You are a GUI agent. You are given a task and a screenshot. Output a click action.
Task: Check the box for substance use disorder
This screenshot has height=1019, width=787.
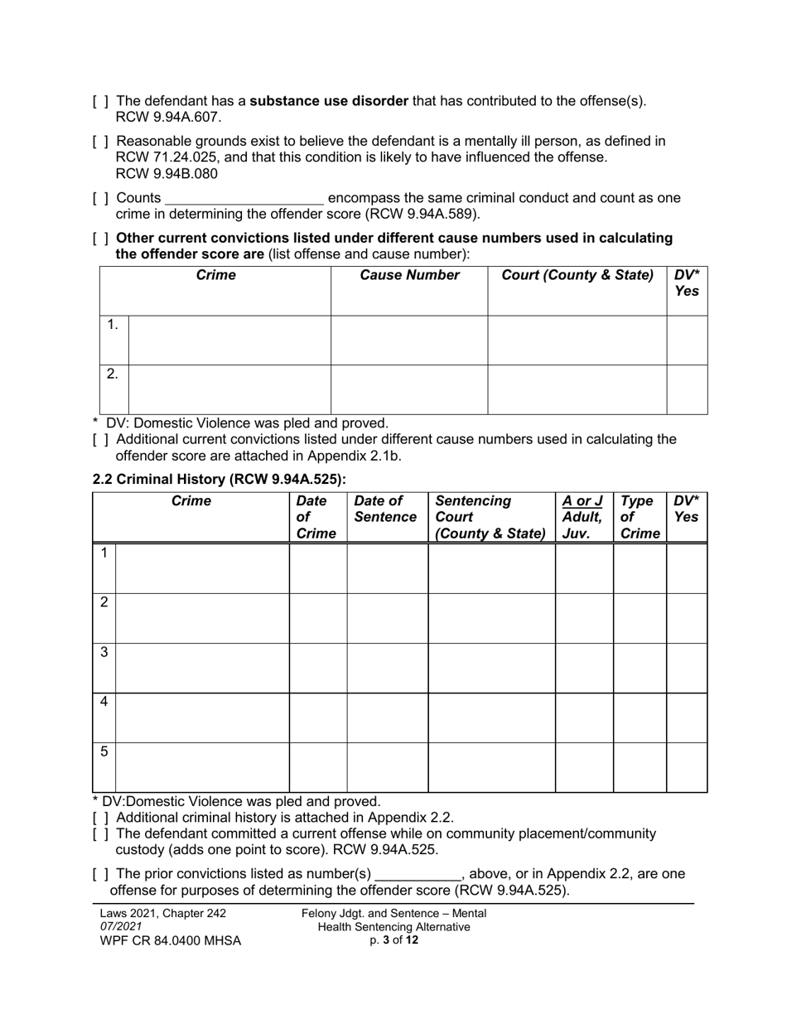pyautogui.click(x=100, y=102)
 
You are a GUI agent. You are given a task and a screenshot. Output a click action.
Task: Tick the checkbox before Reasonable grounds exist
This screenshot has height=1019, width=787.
pyautogui.click(x=100, y=142)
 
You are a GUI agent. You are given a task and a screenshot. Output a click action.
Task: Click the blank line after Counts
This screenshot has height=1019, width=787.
pyautogui.click(x=244, y=199)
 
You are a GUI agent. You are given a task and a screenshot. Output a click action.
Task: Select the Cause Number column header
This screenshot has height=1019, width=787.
pyautogui.click(x=409, y=276)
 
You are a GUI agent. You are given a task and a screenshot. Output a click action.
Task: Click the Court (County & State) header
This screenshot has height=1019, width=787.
pyautogui.click(x=577, y=276)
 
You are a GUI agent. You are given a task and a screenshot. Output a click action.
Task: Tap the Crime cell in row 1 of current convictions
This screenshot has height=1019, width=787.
pyautogui.click(x=229, y=340)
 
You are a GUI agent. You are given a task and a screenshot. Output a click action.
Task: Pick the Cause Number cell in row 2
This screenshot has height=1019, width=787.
pyautogui.click(x=409, y=389)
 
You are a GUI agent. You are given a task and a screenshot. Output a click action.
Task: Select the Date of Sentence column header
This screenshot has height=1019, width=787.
pyautogui.click(x=385, y=509)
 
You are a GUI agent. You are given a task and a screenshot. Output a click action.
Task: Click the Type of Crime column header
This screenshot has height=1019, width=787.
pyautogui.click(x=639, y=517)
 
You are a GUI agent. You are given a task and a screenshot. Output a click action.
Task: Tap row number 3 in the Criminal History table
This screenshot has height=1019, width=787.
pyautogui.click(x=104, y=653)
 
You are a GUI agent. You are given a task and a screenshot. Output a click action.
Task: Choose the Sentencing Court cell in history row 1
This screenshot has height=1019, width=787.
pyautogui.click(x=491, y=568)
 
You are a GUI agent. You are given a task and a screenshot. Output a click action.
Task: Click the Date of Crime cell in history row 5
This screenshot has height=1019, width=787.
pyautogui.click(x=317, y=767)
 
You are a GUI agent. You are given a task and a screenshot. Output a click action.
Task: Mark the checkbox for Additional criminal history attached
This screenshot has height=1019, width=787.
pyautogui.click(x=100, y=818)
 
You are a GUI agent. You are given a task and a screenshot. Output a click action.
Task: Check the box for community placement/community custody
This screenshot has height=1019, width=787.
pyautogui.click(x=100, y=834)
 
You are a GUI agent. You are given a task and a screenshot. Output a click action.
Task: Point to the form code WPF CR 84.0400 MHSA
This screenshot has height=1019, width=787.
pyautogui.click(x=170, y=941)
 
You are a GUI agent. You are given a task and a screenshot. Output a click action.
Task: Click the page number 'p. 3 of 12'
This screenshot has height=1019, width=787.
pyautogui.click(x=393, y=940)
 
